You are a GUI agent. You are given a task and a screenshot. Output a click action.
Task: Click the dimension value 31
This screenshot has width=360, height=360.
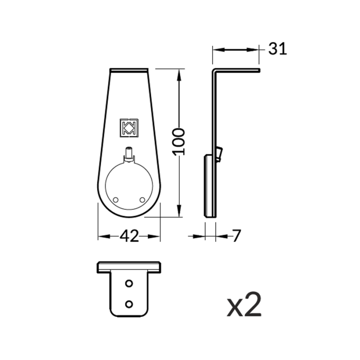pos(278,49)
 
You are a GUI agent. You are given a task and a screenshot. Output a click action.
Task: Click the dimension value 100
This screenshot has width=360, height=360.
pos(179,142)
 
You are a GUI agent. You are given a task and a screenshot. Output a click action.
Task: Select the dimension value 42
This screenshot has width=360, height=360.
pos(129,236)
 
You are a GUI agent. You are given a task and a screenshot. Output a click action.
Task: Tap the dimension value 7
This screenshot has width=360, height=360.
pos(236,235)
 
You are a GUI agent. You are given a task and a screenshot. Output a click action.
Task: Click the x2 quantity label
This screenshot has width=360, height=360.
pos(244,305)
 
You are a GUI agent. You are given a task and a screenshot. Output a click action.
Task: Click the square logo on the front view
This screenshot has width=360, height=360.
pos(129,128)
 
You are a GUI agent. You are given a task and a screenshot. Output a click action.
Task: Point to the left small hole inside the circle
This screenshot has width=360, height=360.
pos(116,200)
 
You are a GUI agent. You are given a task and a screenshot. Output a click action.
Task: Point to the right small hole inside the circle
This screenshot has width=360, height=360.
pos(142,200)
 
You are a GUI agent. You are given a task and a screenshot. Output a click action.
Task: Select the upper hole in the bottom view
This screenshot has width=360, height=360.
pos(129,283)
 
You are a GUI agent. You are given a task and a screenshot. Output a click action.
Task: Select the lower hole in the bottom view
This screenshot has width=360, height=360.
pos(129,304)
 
